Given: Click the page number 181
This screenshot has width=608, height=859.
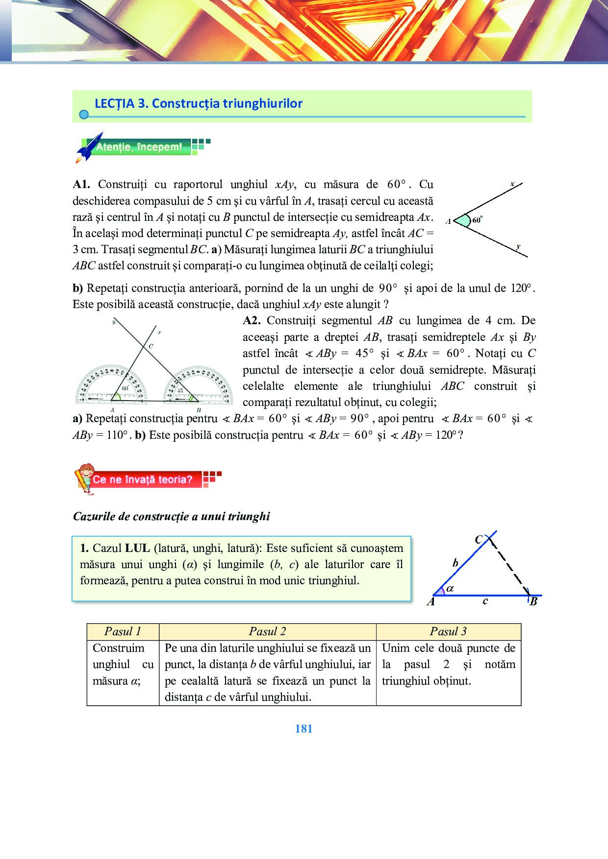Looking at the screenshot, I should click(304, 729).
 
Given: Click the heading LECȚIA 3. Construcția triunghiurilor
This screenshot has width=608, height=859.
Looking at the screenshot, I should click(199, 103).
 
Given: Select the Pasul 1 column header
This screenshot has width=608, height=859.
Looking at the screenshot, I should click(123, 631).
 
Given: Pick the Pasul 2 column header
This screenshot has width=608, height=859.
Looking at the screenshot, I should click(267, 631).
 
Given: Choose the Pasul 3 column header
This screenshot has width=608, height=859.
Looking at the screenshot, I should click(448, 631).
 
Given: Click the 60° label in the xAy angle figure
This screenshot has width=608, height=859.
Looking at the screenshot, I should click(477, 220).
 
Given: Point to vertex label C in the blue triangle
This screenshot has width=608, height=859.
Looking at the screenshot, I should click(479, 540).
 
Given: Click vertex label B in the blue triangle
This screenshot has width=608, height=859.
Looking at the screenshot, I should click(533, 601).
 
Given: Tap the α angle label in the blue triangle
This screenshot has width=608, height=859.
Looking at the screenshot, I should click(450, 589).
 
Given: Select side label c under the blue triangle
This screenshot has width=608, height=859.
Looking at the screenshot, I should click(485, 601).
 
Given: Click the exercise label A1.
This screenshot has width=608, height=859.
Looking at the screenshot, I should click(81, 185).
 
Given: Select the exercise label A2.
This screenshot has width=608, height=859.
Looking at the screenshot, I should click(252, 321).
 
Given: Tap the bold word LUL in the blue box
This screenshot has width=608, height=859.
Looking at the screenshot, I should click(137, 548).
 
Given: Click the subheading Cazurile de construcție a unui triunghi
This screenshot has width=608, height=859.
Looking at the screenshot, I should click(171, 516).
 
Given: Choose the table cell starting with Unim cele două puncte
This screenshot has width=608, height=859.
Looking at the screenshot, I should click(448, 665).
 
